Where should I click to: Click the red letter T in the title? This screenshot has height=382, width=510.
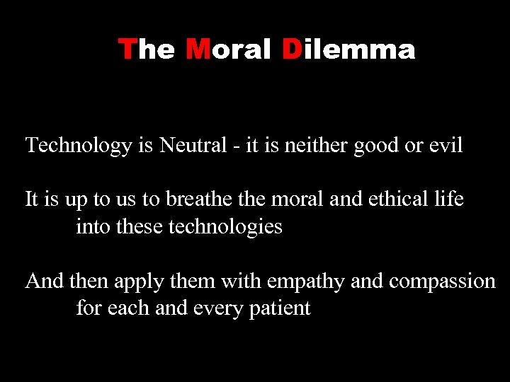(x=127, y=50)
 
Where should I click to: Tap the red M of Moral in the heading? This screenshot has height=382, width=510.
(x=196, y=50)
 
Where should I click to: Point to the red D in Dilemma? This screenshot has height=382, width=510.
(x=291, y=50)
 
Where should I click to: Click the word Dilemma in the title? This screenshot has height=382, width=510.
(x=348, y=50)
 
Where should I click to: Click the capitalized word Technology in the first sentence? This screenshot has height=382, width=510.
(x=79, y=146)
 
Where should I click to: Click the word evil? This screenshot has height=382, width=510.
(x=446, y=146)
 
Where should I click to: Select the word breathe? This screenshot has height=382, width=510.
(x=196, y=199)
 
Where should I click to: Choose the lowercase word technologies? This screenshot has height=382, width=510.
(x=225, y=228)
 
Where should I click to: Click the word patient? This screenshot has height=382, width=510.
(x=280, y=309)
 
